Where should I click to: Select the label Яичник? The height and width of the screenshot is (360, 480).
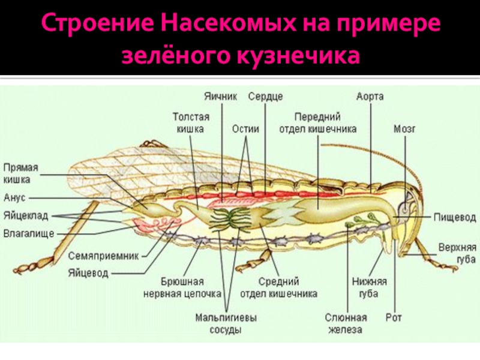point(221,96)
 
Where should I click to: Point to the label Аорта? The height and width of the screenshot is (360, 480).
point(370,96)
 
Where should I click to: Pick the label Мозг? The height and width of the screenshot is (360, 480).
point(404,128)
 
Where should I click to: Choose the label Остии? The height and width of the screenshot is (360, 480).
point(245,128)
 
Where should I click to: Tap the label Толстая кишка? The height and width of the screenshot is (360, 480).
point(191,123)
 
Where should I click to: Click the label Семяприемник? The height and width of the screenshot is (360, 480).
point(103,255)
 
